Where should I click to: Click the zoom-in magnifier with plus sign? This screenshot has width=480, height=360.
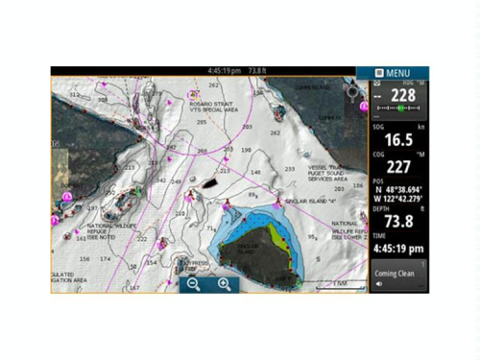224,284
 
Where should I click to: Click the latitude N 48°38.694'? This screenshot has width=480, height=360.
401,192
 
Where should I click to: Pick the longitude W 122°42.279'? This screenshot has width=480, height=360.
401,201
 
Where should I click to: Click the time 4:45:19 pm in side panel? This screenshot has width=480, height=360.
397,249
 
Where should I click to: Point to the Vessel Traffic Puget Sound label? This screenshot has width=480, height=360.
331,173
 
